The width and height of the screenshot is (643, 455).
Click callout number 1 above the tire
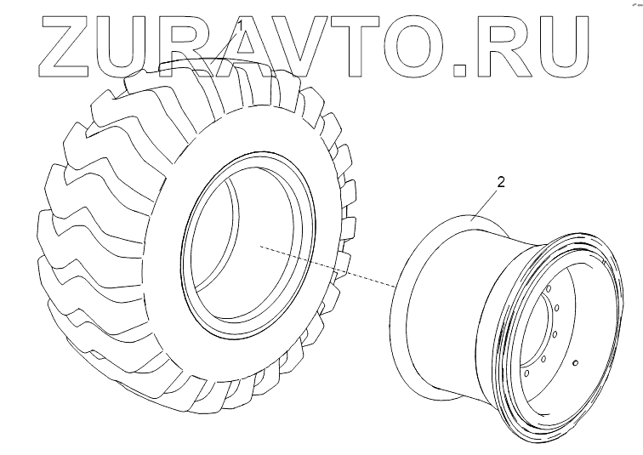(x=242, y=26)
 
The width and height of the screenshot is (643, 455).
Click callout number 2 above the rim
(x=500, y=182)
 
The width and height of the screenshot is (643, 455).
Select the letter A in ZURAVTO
(x=245, y=46)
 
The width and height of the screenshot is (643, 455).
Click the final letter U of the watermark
(x=562, y=46)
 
